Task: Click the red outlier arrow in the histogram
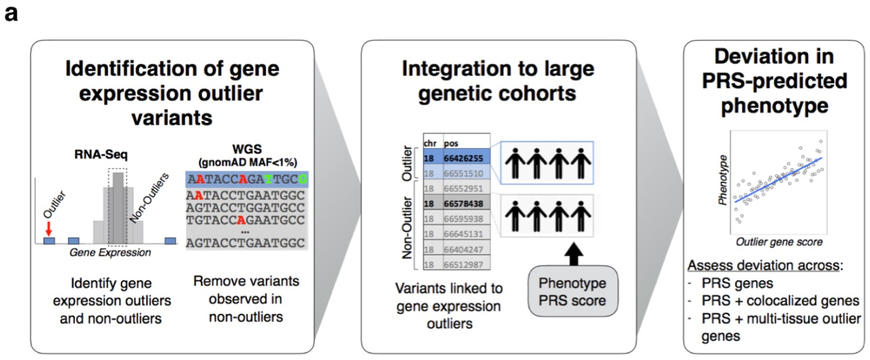(49, 225)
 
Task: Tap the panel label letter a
(12, 13)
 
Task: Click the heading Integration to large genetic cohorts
(498, 81)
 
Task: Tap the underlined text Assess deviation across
(759, 266)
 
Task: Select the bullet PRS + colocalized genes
(773, 300)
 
